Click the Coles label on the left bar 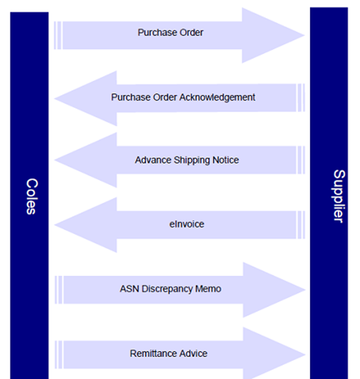point(30,196)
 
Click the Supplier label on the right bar point(338,196)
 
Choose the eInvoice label point(186,223)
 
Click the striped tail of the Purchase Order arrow point(58,36)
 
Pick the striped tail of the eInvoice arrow point(301,225)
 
